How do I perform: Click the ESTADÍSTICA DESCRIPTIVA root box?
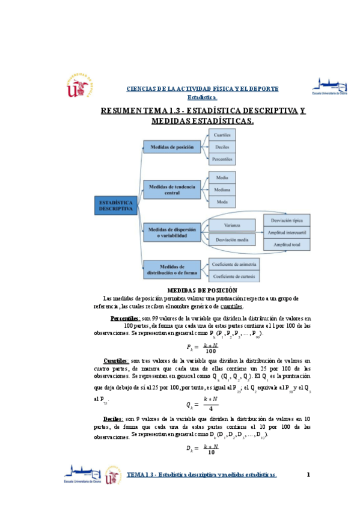click(115, 206)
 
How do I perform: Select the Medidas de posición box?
click(172, 148)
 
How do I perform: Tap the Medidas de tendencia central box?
click(172, 190)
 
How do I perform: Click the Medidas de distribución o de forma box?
click(172, 270)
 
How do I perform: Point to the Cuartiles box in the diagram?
click(222, 136)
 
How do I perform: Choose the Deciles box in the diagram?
click(222, 148)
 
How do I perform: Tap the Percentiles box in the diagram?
click(222, 160)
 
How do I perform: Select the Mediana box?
click(222, 190)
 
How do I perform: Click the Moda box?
click(222, 202)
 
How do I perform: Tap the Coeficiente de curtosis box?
click(234, 276)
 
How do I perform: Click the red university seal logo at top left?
click(79, 88)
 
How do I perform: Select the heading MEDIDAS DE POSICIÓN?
click(180, 290)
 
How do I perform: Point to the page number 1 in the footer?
click(308, 475)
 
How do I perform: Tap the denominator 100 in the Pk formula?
click(210, 351)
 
